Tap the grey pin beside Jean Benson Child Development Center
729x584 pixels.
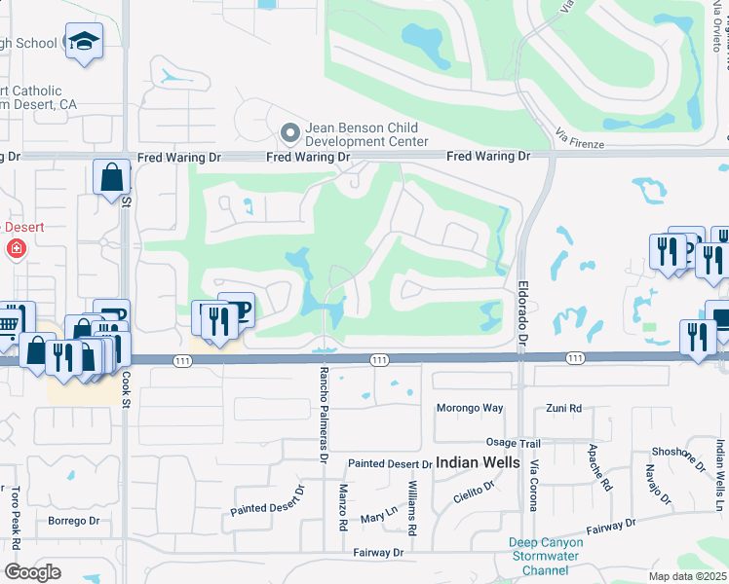point(288,132)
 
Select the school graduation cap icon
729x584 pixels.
point(84,42)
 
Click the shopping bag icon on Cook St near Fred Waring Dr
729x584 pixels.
point(112,177)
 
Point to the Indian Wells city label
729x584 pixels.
point(478,462)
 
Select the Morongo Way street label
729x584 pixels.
point(469,408)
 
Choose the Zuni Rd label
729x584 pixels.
point(563,408)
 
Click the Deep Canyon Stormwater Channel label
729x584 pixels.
point(546,556)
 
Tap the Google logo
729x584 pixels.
point(32,571)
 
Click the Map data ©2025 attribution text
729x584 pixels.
point(688,576)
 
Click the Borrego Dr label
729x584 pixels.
point(74,521)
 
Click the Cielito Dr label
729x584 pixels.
point(476,495)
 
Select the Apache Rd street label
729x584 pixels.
point(599,467)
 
